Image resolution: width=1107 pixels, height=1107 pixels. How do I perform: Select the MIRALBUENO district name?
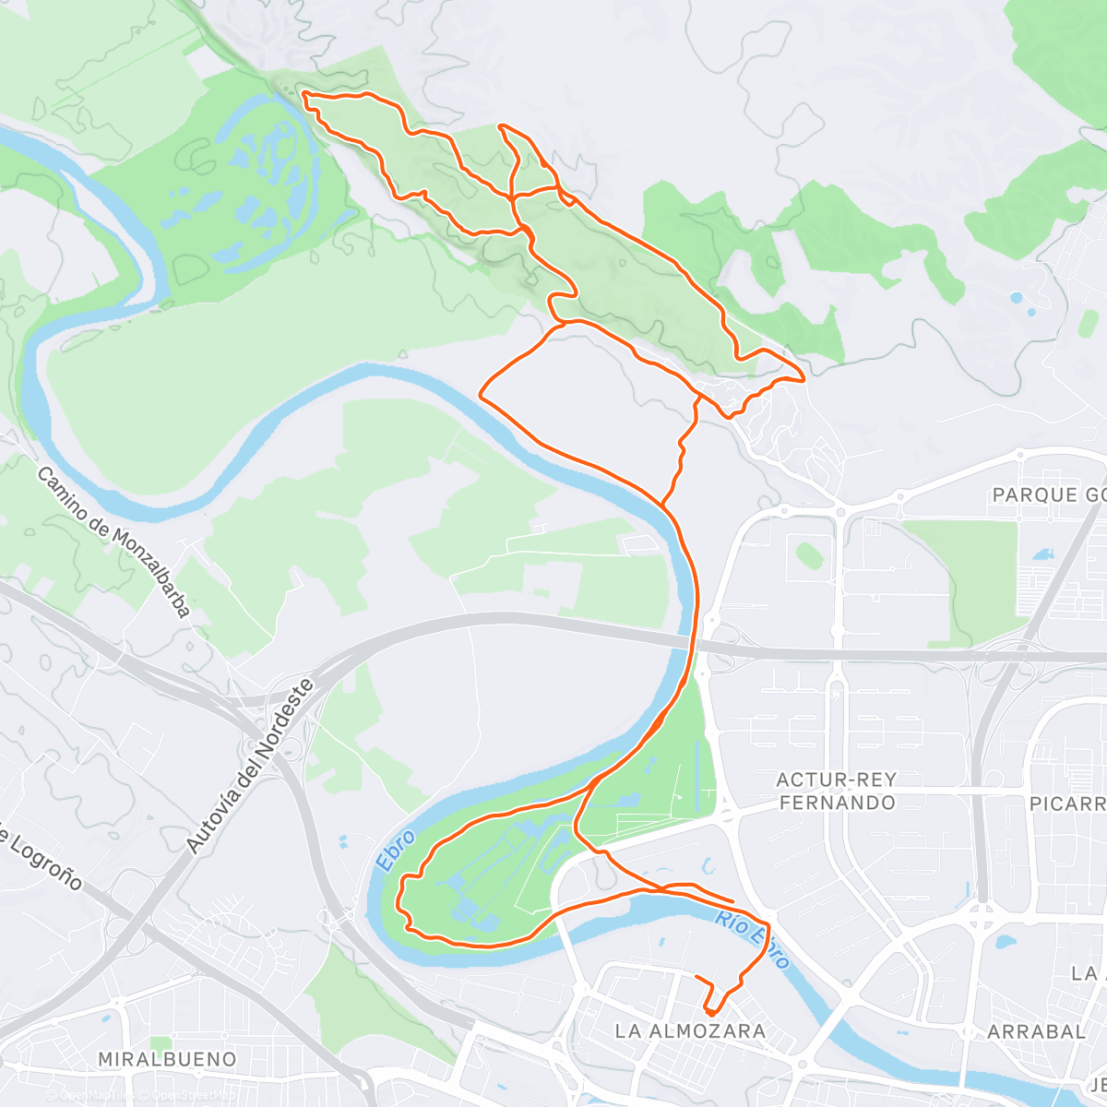[x=167, y=1059]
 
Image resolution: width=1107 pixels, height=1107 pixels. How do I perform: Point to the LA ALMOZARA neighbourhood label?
[x=690, y=1030]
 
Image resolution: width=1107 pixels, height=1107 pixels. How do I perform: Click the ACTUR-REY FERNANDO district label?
[x=837, y=792]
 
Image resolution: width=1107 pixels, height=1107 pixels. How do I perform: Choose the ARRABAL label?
[x=1036, y=1031]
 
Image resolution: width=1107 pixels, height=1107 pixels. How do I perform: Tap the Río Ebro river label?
[x=752, y=940]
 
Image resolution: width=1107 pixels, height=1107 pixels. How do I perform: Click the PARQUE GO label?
[x=1048, y=495]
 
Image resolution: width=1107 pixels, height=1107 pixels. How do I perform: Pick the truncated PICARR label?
[x=1067, y=803]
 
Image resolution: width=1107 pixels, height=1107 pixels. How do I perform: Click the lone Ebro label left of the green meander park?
[x=394, y=850]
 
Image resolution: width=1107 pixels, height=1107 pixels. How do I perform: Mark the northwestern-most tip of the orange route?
[x=304, y=94]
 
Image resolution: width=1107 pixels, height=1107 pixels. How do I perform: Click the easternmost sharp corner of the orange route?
[x=804, y=378]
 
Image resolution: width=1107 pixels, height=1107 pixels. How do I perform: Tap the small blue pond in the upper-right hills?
[x=1017, y=298]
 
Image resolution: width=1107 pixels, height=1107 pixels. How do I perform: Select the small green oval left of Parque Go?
[x=809, y=555]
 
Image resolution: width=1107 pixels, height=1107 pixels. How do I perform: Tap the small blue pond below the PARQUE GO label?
[x=1043, y=554]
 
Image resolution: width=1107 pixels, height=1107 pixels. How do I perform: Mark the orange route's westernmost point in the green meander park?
[x=400, y=899]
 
